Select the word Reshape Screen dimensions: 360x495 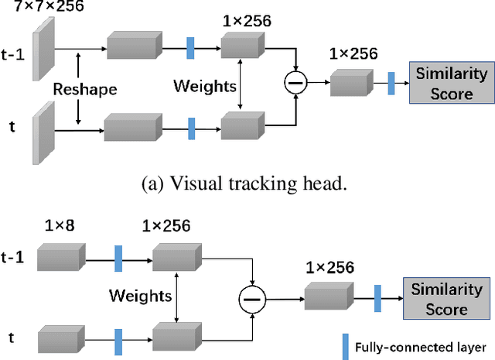[84, 89]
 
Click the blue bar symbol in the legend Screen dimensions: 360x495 [347, 345]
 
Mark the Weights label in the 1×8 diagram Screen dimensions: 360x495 [140, 296]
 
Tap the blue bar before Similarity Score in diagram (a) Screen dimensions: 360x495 [391, 83]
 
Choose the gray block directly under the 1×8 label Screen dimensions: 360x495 [60, 256]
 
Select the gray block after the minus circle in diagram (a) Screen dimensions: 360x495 [352, 83]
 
